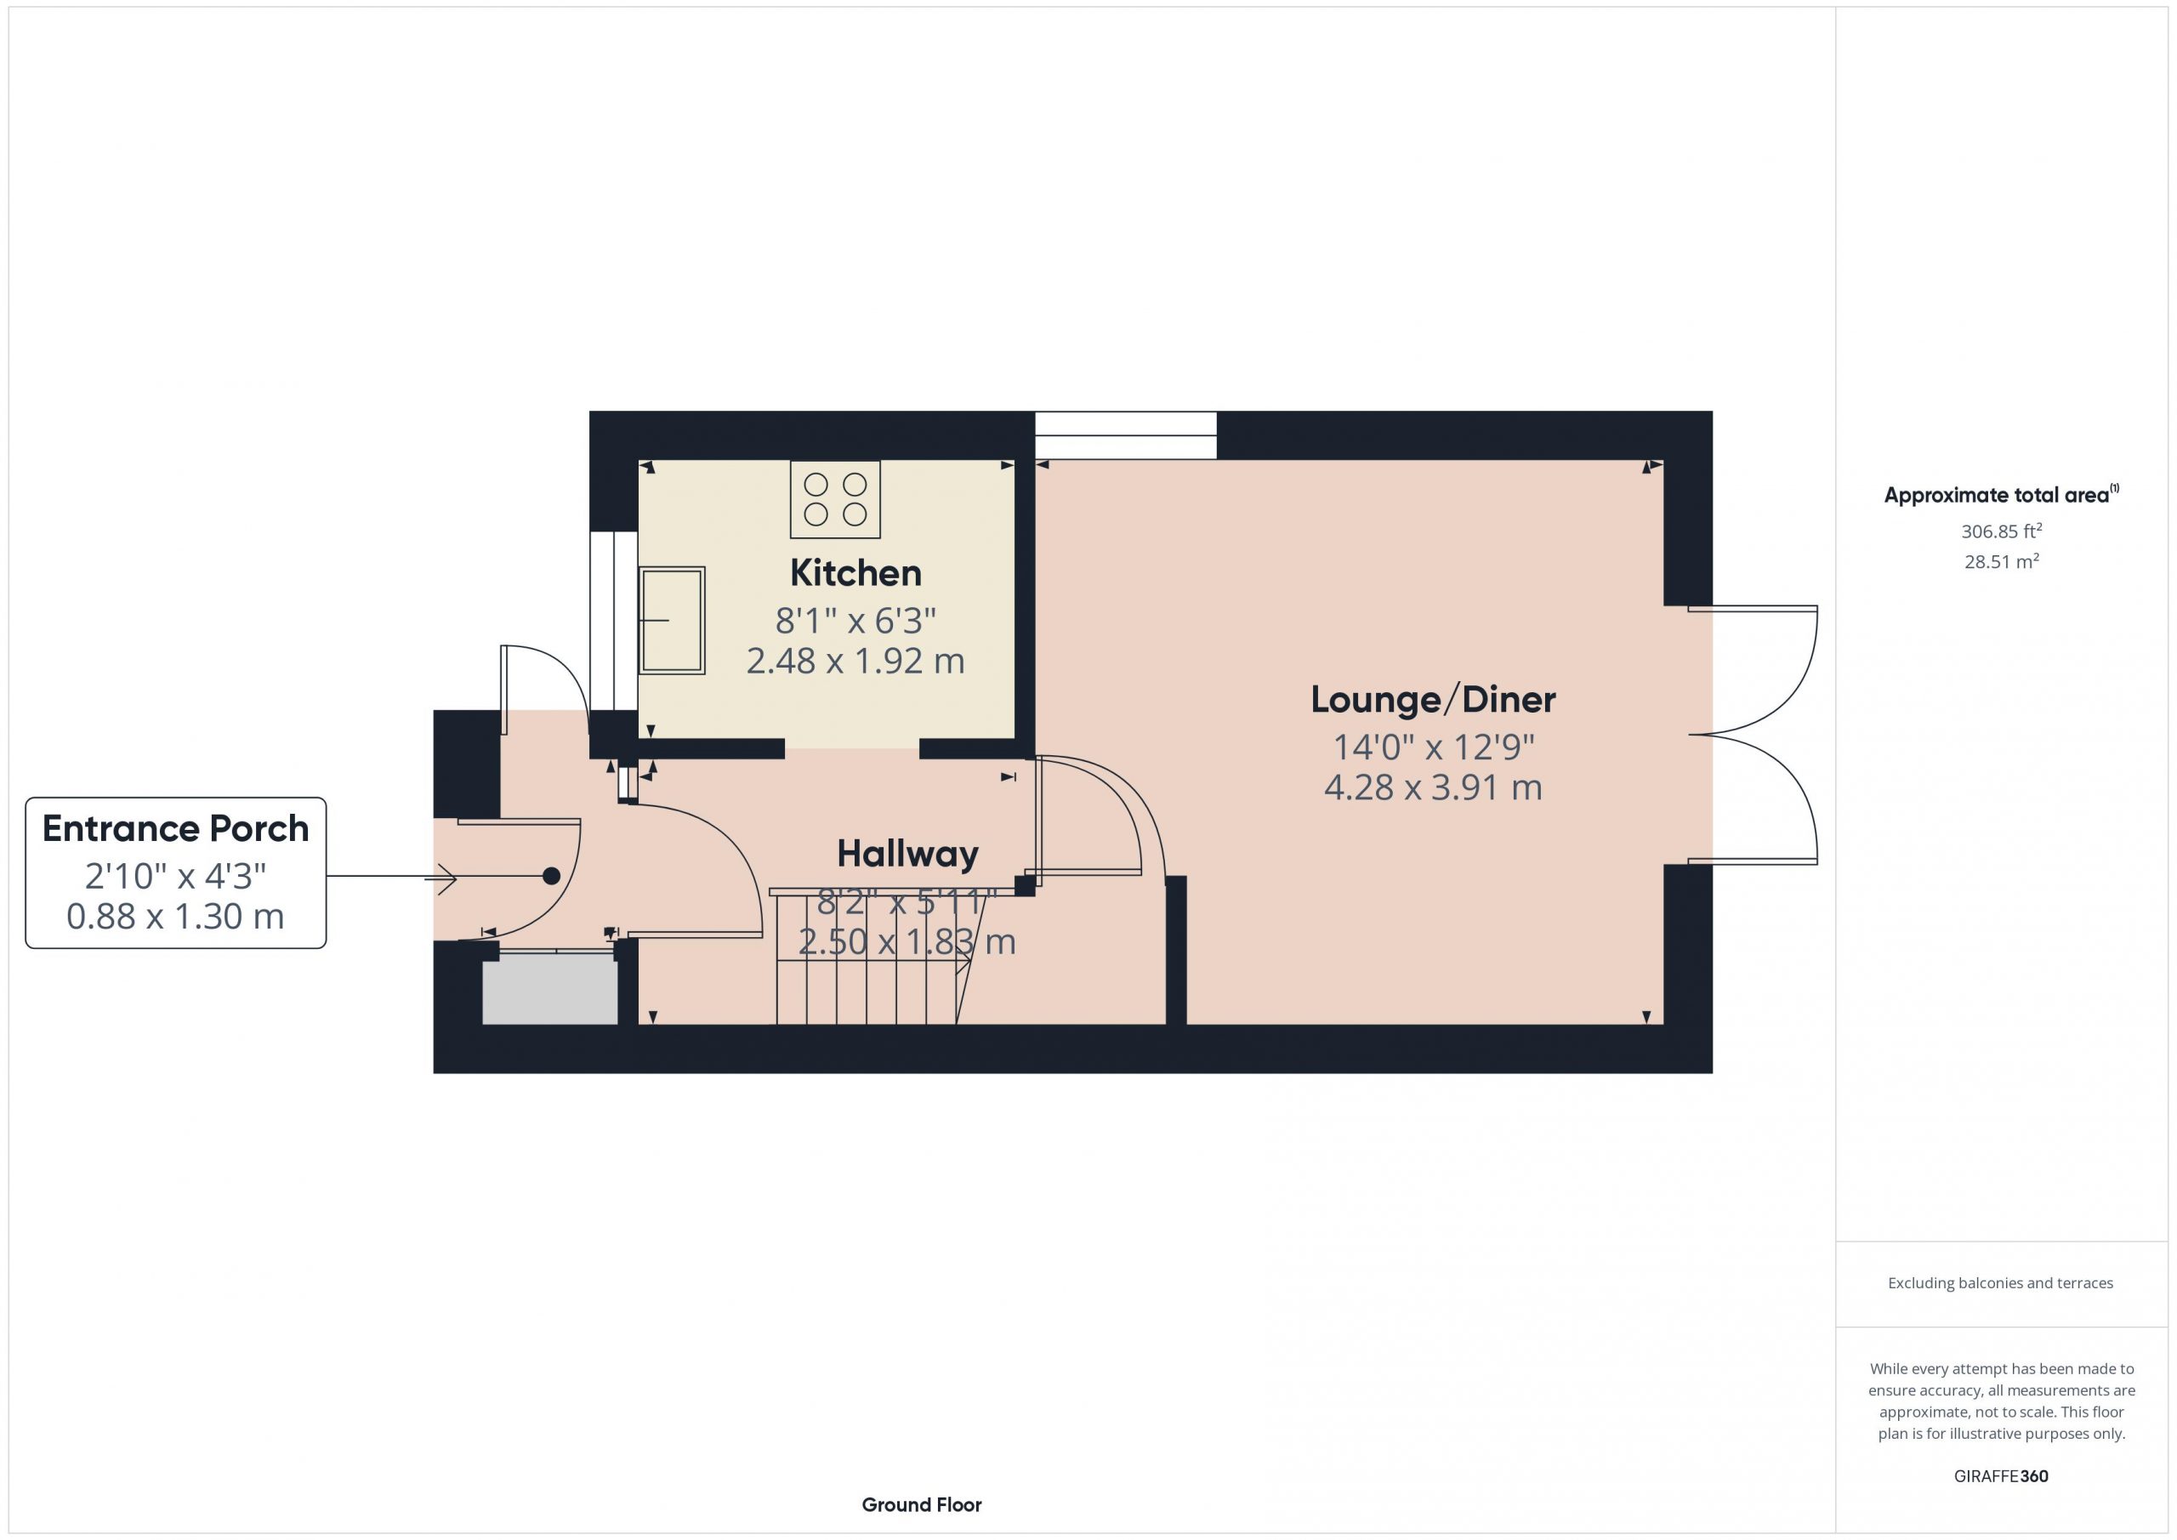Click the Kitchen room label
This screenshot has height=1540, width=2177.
[855, 573]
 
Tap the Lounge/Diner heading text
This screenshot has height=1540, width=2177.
[1433, 700]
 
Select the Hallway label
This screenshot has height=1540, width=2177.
[907, 855]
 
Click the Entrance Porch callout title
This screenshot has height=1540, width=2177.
[175, 829]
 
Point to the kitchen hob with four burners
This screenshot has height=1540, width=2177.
[835, 500]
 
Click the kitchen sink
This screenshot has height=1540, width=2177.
[671, 620]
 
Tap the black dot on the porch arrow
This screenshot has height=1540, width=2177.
[551, 876]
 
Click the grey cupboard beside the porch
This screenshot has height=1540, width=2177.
[550, 988]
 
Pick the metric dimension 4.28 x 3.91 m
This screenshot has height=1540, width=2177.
[1433, 787]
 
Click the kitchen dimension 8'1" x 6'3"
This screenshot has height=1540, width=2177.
[855, 621]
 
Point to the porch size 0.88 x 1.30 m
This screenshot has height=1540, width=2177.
[175, 916]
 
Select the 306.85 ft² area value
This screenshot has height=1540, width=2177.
[2001, 531]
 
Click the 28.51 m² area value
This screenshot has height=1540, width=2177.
[2001, 561]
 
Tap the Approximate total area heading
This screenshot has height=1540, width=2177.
[2001, 494]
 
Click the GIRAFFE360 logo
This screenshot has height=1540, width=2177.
[2001, 1476]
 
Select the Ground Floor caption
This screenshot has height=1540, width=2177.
[922, 1505]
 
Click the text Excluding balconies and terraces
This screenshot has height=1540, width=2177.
[2001, 1283]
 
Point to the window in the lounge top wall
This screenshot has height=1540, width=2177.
[1125, 435]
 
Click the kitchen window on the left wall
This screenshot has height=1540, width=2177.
[613, 620]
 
